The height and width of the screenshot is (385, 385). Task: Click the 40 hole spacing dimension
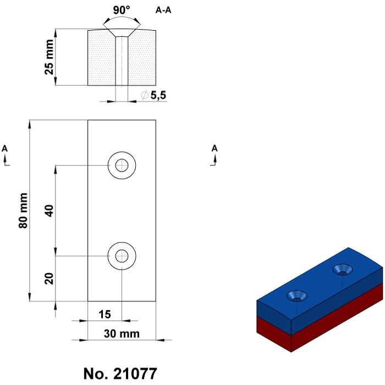pyautogui.click(x=49, y=211)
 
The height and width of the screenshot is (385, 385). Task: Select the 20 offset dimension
pyautogui.click(x=49, y=278)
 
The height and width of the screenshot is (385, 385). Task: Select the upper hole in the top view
pyautogui.click(x=122, y=164)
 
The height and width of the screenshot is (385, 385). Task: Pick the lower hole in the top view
pyautogui.click(x=122, y=256)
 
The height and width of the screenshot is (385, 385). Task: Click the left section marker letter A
pyautogui.click(x=5, y=148)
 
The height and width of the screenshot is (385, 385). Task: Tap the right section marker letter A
pyautogui.click(x=215, y=148)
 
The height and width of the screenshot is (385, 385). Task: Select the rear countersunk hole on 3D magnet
pyautogui.click(x=344, y=269)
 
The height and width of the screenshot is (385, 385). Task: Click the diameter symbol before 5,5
pyautogui.click(x=144, y=96)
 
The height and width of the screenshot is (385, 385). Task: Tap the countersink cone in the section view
pyautogui.click(x=122, y=34)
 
